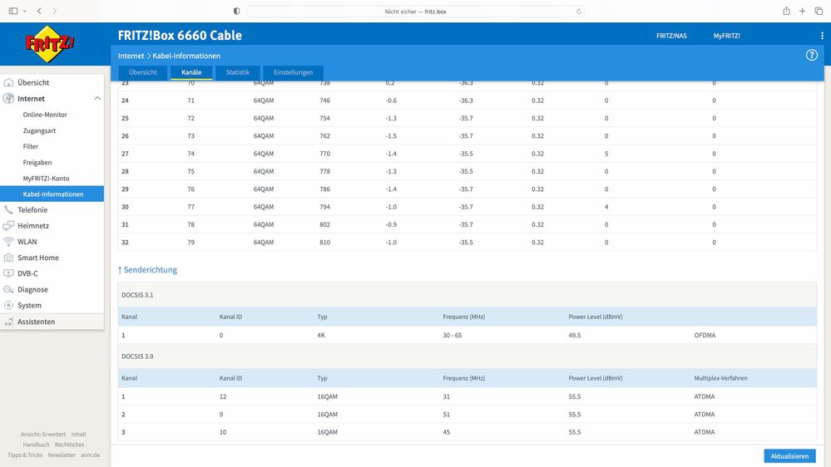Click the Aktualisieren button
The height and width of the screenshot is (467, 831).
(x=789, y=456)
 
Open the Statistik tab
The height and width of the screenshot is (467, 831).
(x=237, y=72)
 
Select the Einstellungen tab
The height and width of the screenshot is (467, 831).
(x=293, y=72)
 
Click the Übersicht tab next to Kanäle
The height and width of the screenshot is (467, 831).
(x=142, y=72)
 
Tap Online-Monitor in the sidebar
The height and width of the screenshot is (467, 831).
(x=45, y=115)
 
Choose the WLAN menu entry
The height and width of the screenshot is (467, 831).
(x=27, y=242)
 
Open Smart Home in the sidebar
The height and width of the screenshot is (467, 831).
(x=38, y=258)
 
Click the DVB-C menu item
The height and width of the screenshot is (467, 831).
(x=27, y=273)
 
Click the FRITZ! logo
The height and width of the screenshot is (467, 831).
(x=49, y=44)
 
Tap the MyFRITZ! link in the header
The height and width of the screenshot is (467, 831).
(x=726, y=36)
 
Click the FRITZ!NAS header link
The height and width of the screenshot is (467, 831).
(x=671, y=36)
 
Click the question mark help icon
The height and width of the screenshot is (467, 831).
(x=811, y=55)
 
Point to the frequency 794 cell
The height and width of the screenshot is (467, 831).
(x=325, y=207)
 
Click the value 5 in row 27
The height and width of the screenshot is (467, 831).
(x=606, y=154)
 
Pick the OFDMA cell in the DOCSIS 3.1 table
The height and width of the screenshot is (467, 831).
(x=705, y=335)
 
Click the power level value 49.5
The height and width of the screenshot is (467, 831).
(x=575, y=335)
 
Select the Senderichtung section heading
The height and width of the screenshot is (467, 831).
(x=147, y=270)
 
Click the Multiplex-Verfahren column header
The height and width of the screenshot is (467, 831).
(x=720, y=378)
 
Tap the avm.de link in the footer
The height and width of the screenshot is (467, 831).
(x=90, y=455)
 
